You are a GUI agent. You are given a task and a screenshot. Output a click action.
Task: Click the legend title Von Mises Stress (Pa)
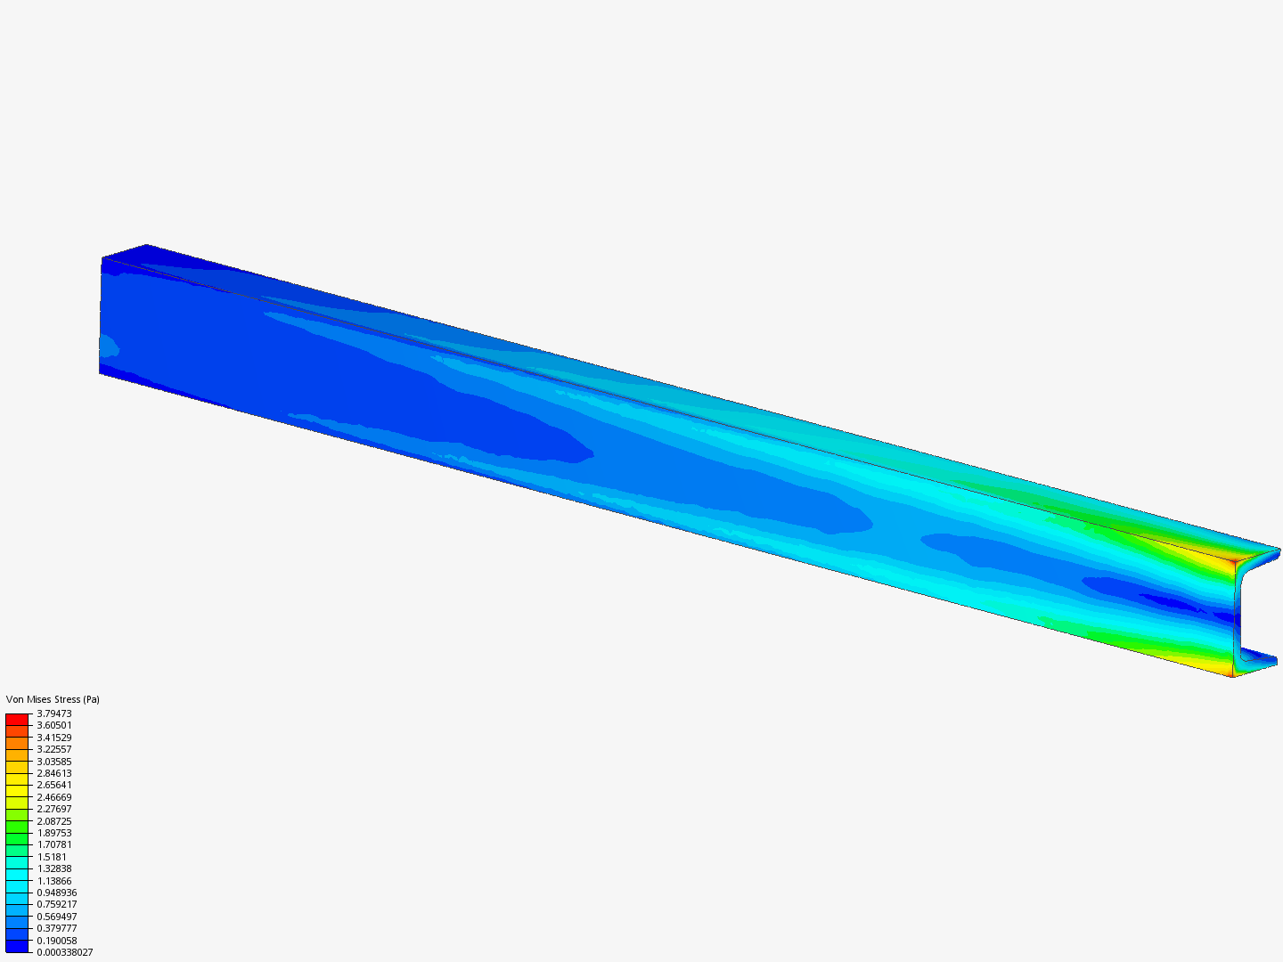tap(53, 699)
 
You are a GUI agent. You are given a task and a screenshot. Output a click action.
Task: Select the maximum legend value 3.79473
tap(54, 713)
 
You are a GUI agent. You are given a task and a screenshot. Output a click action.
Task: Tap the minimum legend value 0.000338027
tap(65, 952)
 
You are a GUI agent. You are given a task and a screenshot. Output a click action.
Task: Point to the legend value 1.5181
tap(52, 857)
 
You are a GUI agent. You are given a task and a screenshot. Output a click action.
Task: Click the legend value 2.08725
tap(54, 821)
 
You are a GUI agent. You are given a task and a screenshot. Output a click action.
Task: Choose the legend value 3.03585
tap(54, 761)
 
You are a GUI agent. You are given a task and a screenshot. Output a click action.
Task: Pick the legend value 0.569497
tap(57, 917)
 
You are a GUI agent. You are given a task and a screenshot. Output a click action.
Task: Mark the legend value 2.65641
tap(54, 785)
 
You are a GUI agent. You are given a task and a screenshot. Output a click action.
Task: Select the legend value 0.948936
tap(57, 893)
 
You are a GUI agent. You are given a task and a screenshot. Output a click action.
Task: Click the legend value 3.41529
tap(54, 738)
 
